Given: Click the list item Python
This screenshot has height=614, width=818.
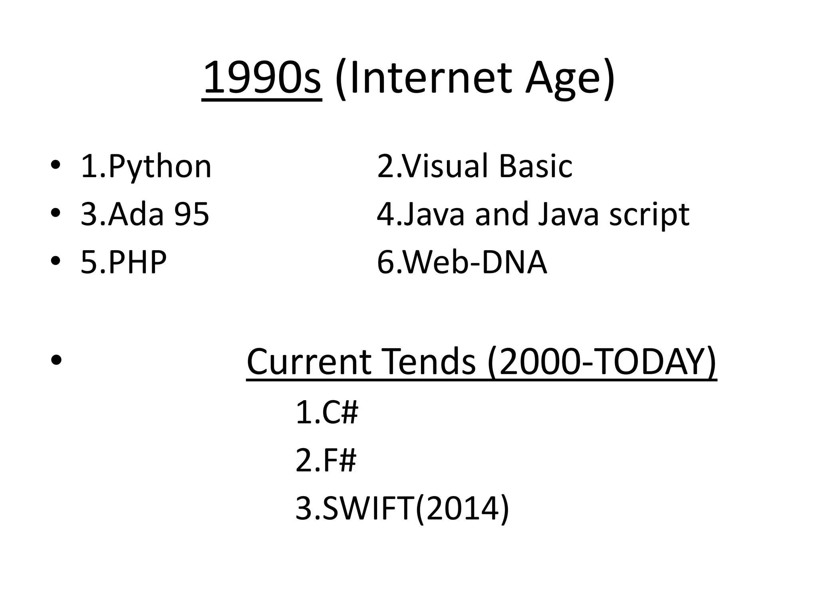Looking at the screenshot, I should (159, 166).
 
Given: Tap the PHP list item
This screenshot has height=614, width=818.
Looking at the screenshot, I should (137, 262).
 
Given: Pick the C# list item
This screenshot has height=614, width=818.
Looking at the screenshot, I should (340, 413).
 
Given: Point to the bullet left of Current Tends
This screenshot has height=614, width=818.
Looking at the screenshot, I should (56, 360).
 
